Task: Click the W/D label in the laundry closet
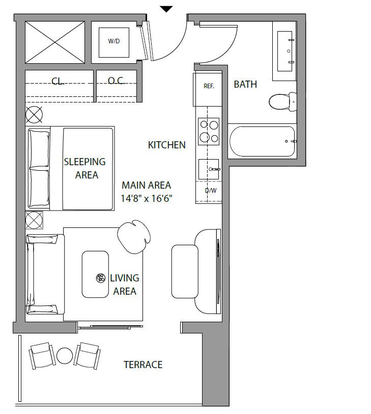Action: (x=114, y=41)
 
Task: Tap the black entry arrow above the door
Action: (x=166, y=9)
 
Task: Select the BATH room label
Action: (x=245, y=84)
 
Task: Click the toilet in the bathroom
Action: (x=282, y=101)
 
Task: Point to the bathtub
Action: (x=262, y=142)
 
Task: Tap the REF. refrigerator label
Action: (x=209, y=86)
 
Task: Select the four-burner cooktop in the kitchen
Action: (x=209, y=131)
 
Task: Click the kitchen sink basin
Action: (x=209, y=169)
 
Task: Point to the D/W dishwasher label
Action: (x=211, y=190)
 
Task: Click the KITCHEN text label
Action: (x=166, y=145)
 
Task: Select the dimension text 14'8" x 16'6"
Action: (x=147, y=198)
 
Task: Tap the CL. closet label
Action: (x=58, y=81)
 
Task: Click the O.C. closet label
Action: (x=116, y=81)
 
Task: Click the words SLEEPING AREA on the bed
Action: (x=85, y=168)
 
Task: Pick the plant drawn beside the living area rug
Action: (x=134, y=237)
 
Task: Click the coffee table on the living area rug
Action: (x=95, y=274)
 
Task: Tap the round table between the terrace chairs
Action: (x=65, y=355)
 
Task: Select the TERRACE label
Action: (x=143, y=365)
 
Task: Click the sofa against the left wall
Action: (x=45, y=274)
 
